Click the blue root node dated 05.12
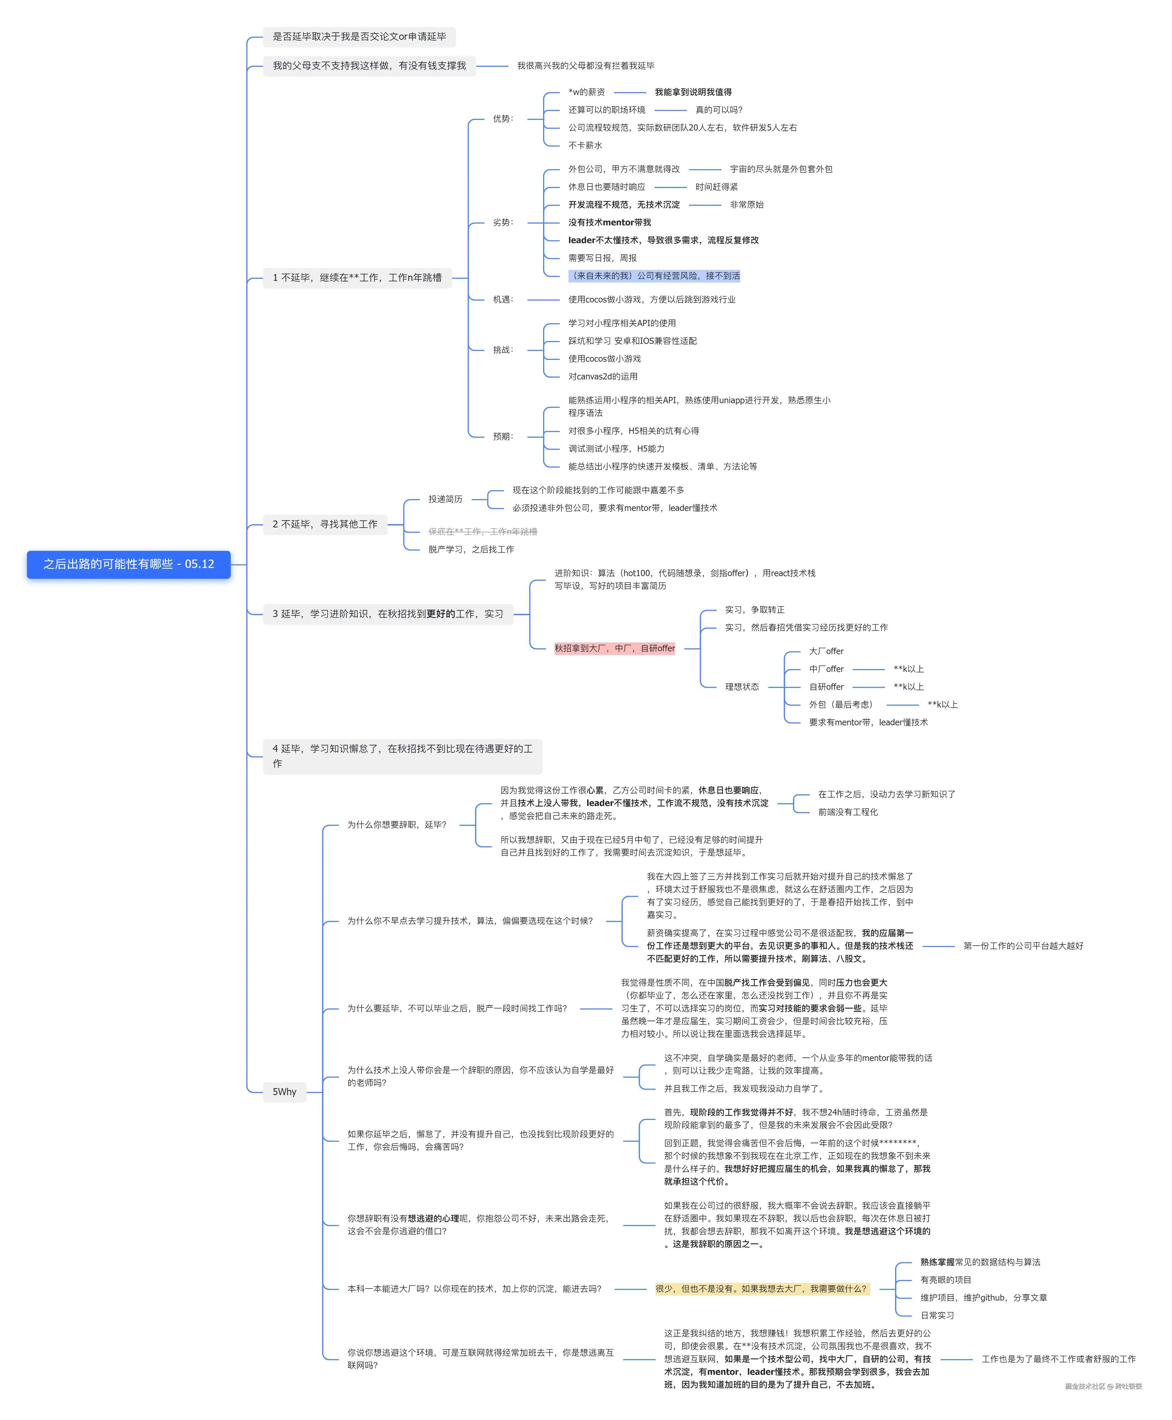click(128, 564)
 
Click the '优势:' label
click(503, 119)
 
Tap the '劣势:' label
click(503, 222)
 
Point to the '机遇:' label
click(503, 299)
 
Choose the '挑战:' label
click(503, 350)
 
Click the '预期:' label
click(503, 436)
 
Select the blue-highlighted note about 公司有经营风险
click(654, 276)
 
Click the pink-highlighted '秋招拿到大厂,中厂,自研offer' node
click(614, 648)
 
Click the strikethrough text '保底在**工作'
click(483, 531)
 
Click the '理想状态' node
click(742, 687)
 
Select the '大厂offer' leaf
click(826, 651)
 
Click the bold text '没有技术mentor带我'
click(610, 222)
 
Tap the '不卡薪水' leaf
click(585, 145)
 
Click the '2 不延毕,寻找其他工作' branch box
click(325, 524)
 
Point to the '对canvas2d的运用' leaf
click(603, 376)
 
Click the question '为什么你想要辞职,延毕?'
click(397, 824)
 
